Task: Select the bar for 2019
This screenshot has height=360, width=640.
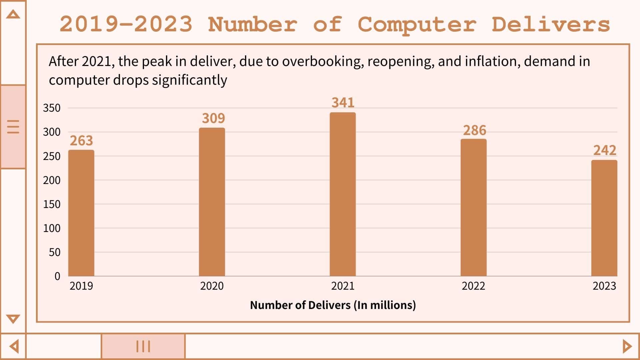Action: click(x=81, y=213)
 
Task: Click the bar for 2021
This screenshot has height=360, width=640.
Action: click(x=343, y=194)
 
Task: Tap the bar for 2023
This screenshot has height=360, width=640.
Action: click(x=604, y=218)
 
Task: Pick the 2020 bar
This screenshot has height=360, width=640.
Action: click(x=212, y=202)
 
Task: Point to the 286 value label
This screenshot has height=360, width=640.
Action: click(x=474, y=130)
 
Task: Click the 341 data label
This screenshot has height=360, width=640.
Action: click(x=343, y=103)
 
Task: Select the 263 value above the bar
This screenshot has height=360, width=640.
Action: click(x=81, y=141)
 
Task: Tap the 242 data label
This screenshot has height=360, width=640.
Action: click(x=605, y=150)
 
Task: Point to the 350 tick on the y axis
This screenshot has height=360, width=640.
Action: click(x=52, y=108)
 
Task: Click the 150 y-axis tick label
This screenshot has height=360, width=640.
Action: click(x=52, y=204)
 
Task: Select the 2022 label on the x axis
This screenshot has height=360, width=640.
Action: click(x=473, y=286)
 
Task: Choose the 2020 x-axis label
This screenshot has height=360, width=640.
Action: click(x=212, y=286)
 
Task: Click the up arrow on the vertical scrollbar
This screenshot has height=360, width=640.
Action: click(x=13, y=14)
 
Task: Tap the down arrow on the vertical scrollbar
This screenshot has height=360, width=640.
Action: click(x=13, y=319)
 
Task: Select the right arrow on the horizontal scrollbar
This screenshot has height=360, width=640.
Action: click(x=627, y=346)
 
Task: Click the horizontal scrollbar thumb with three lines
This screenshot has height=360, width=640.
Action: click(x=143, y=346)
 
